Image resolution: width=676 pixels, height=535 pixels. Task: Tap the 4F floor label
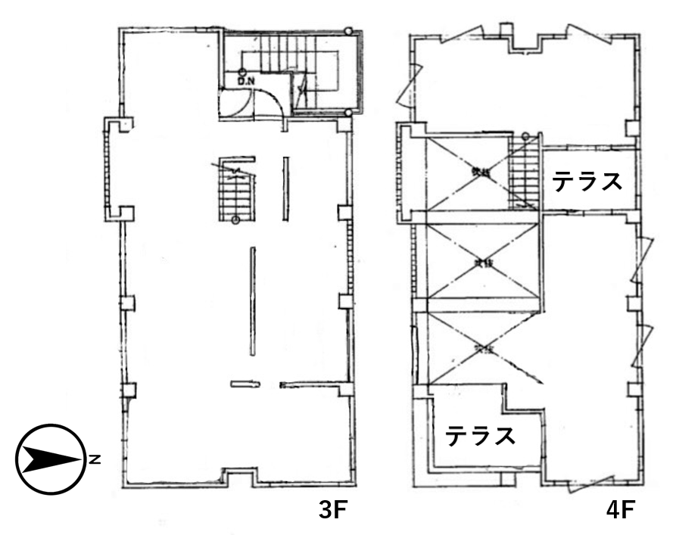pos(620,510)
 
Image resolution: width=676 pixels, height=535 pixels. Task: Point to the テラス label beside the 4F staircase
pos(587,182)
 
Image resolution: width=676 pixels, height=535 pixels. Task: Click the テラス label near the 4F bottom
pos(481,437)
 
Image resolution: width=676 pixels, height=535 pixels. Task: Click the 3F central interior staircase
pos(235,192)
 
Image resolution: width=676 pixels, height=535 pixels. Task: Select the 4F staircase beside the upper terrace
pos(522,177)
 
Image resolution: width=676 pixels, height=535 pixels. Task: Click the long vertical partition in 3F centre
pos(254,300)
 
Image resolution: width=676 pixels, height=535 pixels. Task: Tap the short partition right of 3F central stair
pos(285,188)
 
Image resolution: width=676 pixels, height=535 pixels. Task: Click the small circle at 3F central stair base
pos(235,220)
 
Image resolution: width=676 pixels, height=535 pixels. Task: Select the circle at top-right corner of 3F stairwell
pos(347,31)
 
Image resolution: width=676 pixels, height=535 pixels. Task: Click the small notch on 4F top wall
pos(506,31)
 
